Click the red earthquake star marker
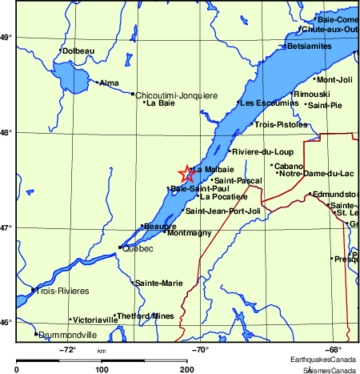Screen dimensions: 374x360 (x=186, y=174)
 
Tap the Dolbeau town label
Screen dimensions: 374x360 (x=78, y=51)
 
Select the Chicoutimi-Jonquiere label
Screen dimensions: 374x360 (x=176, y=95)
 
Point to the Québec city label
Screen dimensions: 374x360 (x=137, y=249)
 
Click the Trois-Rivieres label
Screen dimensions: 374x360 (x=62, y=291)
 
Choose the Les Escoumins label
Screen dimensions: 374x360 (x=267, y=103)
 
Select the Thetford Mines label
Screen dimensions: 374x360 (x=146, y=316)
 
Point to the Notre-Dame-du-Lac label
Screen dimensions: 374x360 (x=316, y=174)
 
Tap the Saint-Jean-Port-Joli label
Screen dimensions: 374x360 (x=223, y=211)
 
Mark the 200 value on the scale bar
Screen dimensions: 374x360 (x=186, y=369)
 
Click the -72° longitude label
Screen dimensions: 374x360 (x=68, y=350)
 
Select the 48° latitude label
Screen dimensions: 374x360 (x=6, y=132)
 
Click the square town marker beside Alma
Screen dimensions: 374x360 (x=98, y=82)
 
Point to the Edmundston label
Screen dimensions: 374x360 (x=334, y=195)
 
